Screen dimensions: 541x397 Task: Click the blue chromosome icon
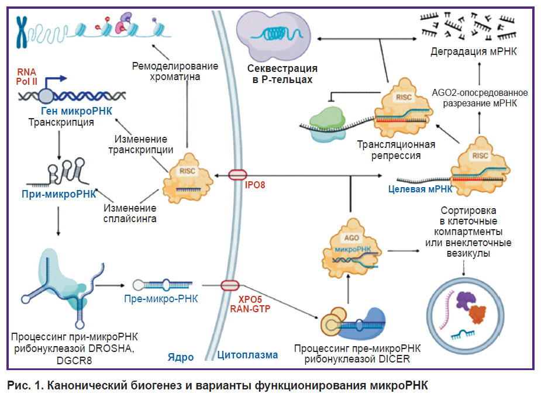click(x=22, y=32)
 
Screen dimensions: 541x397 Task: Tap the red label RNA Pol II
click(x=26, y=77)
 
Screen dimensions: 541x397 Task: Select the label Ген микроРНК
click(x=77, y=111)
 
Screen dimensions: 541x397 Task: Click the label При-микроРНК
click(x=59, y=194)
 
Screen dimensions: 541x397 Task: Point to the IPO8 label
click(x=254, y=185)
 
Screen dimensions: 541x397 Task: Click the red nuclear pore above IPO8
click(x=237, y=175)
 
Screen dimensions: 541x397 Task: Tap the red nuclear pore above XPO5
click(x=230, y=285)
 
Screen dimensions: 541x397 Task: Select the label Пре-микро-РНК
click(x=161, y=299)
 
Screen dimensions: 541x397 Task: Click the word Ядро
click(x=181, y=357)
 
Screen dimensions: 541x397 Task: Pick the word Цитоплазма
click(x=247, y=355)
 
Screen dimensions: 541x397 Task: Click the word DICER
click(x=394, y=359)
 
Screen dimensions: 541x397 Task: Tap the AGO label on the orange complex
click(x=352, y=237)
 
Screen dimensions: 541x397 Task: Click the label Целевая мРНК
click(x=421, y=189)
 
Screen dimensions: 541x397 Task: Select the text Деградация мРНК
click(x=473, y=51)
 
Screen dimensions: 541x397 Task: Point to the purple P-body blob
click(x=274, y=36)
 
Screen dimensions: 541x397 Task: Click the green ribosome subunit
click(x=327, y=118)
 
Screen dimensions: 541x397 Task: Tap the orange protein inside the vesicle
click(x=477, y=314)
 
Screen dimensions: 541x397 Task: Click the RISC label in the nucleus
click(x=187, y=171)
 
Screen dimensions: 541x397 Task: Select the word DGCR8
click(x=74, y=360)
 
